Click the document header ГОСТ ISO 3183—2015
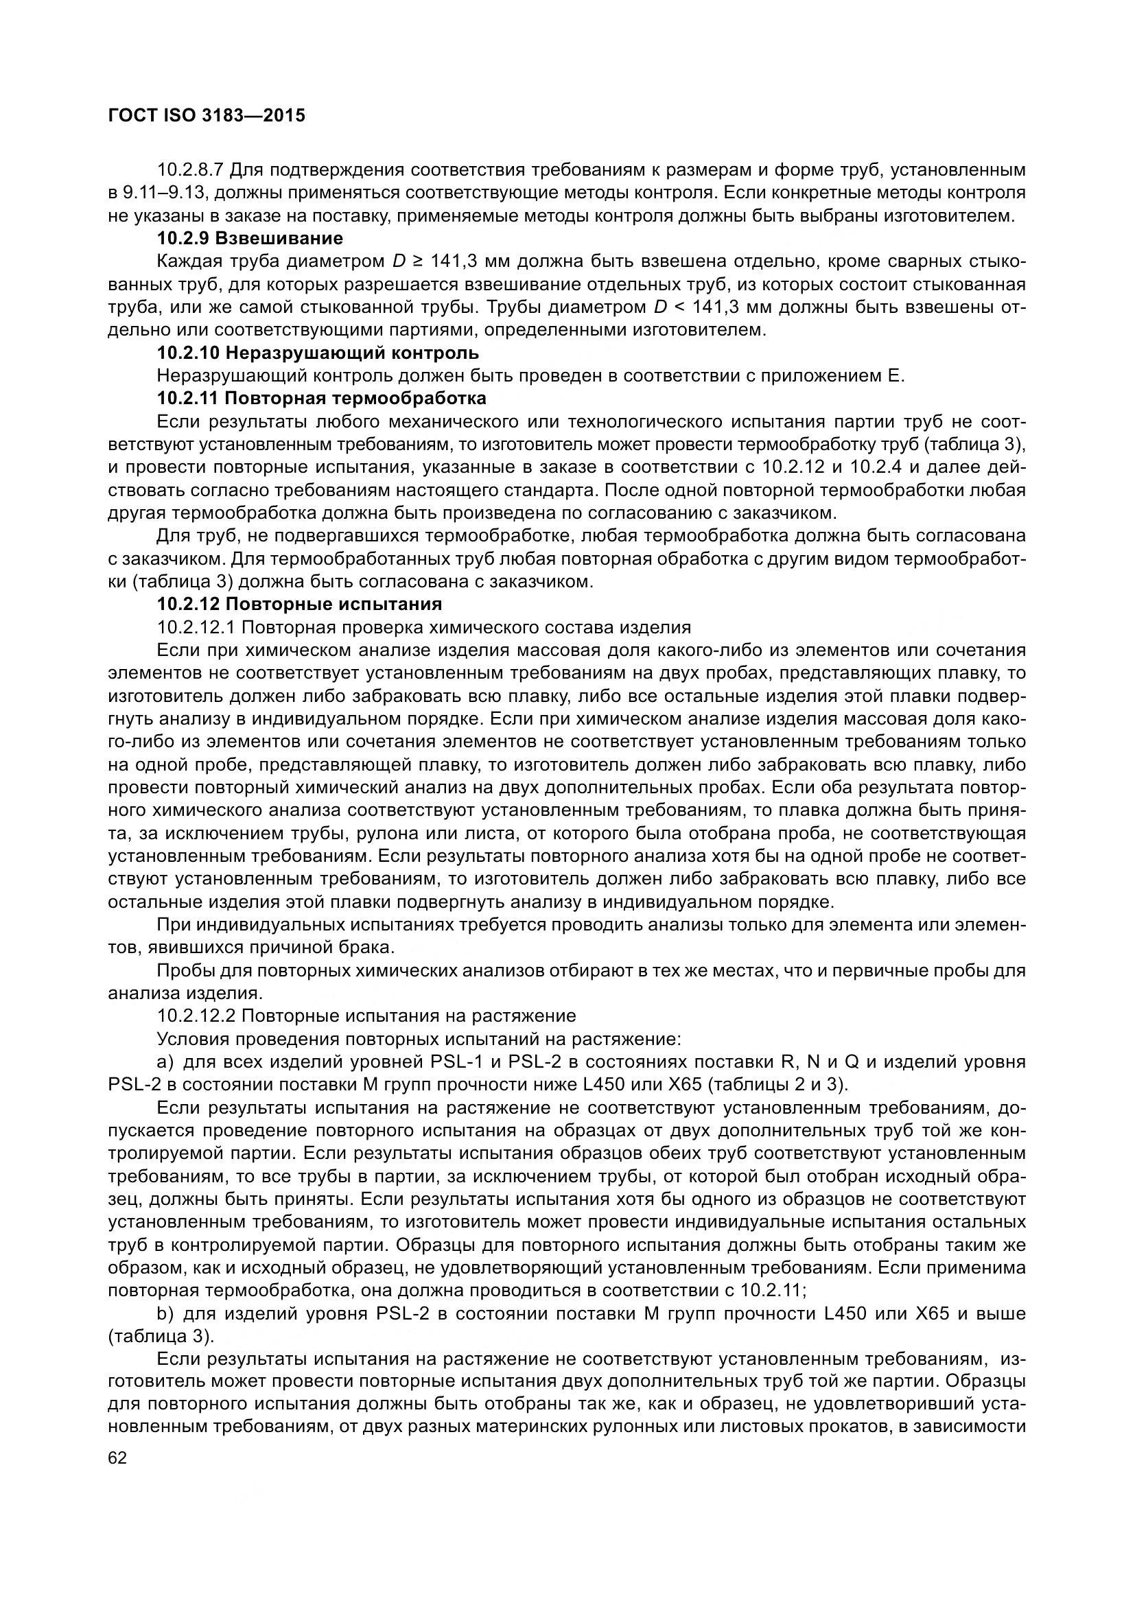click(x=207, y=115)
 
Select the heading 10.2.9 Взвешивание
click(x=250, y=238)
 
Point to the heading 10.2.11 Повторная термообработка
click(x=321, y=399)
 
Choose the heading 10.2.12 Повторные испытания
click(x=299, y=603)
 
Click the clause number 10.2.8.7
click(x=189, y=170)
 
